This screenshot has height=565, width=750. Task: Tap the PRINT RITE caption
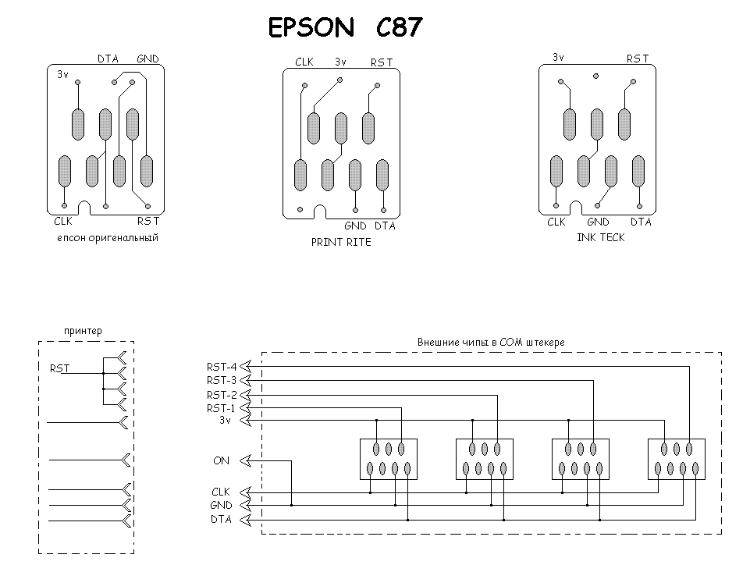[x=341, y=242]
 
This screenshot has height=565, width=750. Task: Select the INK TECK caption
[x=601, y=237]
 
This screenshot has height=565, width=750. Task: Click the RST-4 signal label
[x=222, y=367]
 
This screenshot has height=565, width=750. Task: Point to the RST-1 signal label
[x=221, y=408]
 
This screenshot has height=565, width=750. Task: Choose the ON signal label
[x=221, y=460]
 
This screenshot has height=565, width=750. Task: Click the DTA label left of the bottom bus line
[x=221, y=519]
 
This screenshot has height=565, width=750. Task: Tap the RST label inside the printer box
[x=60, y=368]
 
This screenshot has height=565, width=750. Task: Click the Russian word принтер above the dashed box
[x=83, y=331]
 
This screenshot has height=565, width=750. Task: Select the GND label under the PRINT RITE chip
[x=355, y=226]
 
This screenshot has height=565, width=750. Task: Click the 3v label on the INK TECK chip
[x=558, y=58]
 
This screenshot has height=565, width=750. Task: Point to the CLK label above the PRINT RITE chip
[x=304, y=62]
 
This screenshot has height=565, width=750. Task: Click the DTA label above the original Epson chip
[x=108, y=59]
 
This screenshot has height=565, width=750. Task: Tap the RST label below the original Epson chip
[x=148, y=221]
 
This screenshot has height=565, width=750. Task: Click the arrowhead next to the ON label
[x=245, y=460]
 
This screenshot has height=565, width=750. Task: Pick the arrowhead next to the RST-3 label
[x=245, y=380]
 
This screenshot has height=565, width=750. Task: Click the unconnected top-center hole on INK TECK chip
[x=596, y=76]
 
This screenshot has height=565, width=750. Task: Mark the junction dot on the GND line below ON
[x=291, y=505]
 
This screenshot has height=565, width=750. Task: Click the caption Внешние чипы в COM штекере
[x=491, y=342]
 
